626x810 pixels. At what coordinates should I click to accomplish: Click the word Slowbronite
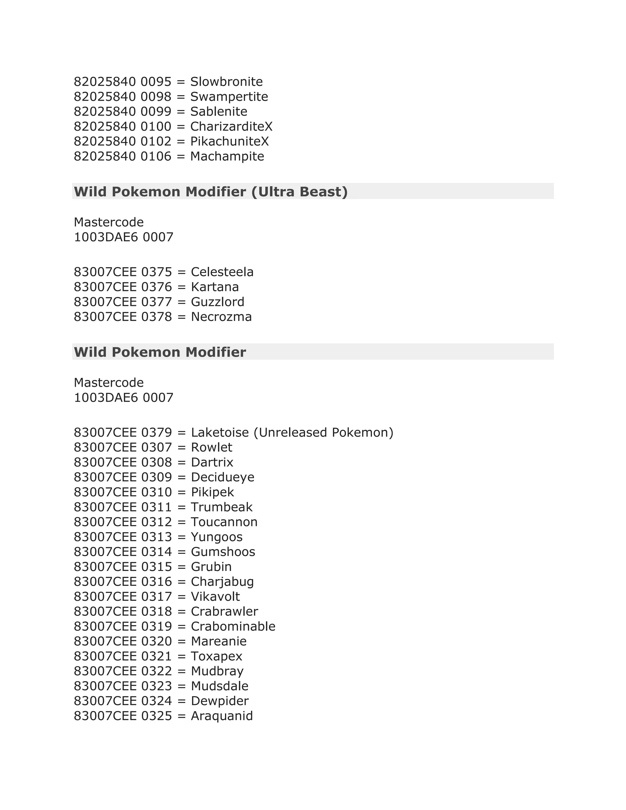pyautogui.click(x=226, y=82)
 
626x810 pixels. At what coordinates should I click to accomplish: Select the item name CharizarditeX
pyautogui.click(x=231, y=127)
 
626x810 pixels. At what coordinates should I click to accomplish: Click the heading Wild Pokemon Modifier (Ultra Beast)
pyautogui.click(x=211, y=191)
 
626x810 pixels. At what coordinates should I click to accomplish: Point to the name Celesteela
pyautogui.click(x=222, y=272)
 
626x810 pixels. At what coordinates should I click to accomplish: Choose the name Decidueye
pyautogui.click(x=223, y=477)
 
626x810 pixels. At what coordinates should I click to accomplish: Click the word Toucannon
pyautogui.click(x=224, y=522)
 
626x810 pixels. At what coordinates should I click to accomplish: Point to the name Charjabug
pyautogui.click(x=222, y=582)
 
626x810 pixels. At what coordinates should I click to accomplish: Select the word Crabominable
pyautogui.click(x=233, y=626)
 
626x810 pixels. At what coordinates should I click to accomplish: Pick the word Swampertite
pyautogui.click(x=229, y=96)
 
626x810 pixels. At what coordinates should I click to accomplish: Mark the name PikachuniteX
pyautogui.click(x=229, y=141)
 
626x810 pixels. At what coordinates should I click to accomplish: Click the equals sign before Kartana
pyautogui.click(x=181, y=287)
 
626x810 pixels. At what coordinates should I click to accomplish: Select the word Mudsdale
pyautogui.click(x=219, y=686)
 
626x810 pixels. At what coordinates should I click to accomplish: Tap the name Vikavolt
pyautogui.click(x=215, y=596)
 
